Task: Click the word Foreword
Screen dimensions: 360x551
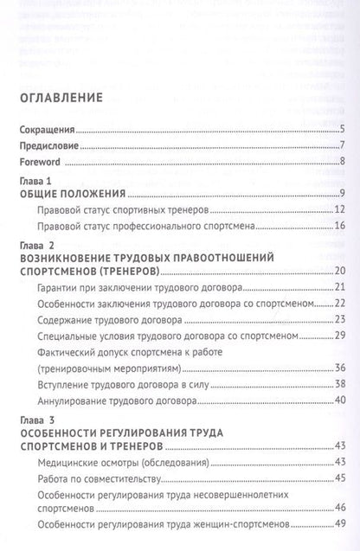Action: (40, 161)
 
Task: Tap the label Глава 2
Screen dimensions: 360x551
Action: (35, 246)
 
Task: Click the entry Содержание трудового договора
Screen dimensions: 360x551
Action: (110, 318)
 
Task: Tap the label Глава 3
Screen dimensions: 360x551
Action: (35, 420)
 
